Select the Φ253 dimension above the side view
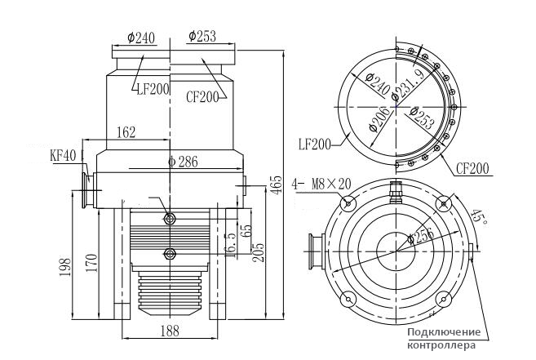pos(201,37)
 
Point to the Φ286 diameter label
pos(184,162)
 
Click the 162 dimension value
pos(126,131)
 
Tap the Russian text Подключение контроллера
pos(441,339)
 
